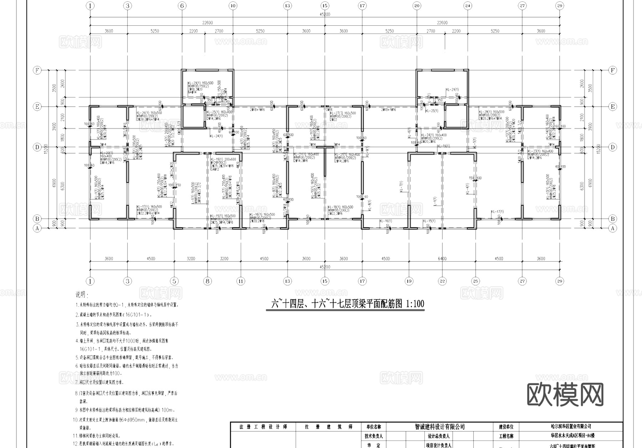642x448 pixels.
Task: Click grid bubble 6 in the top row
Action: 182,6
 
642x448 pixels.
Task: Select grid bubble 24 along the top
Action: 468,6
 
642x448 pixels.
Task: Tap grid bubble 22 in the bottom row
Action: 442,281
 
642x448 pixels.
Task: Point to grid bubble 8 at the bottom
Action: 208,281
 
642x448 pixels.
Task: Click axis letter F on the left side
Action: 37,70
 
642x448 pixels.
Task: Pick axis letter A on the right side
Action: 612,228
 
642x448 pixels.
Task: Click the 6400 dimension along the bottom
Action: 442,259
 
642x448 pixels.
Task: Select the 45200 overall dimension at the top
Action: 325,15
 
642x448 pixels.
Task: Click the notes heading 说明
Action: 81,295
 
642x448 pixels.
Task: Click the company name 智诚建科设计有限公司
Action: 440,427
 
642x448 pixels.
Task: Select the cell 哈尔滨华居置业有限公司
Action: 571,427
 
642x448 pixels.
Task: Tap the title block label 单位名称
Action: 373,427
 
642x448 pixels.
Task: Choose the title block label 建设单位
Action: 506,427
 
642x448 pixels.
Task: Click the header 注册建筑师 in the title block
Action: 329,427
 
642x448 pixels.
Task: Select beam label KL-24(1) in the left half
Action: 216,136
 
